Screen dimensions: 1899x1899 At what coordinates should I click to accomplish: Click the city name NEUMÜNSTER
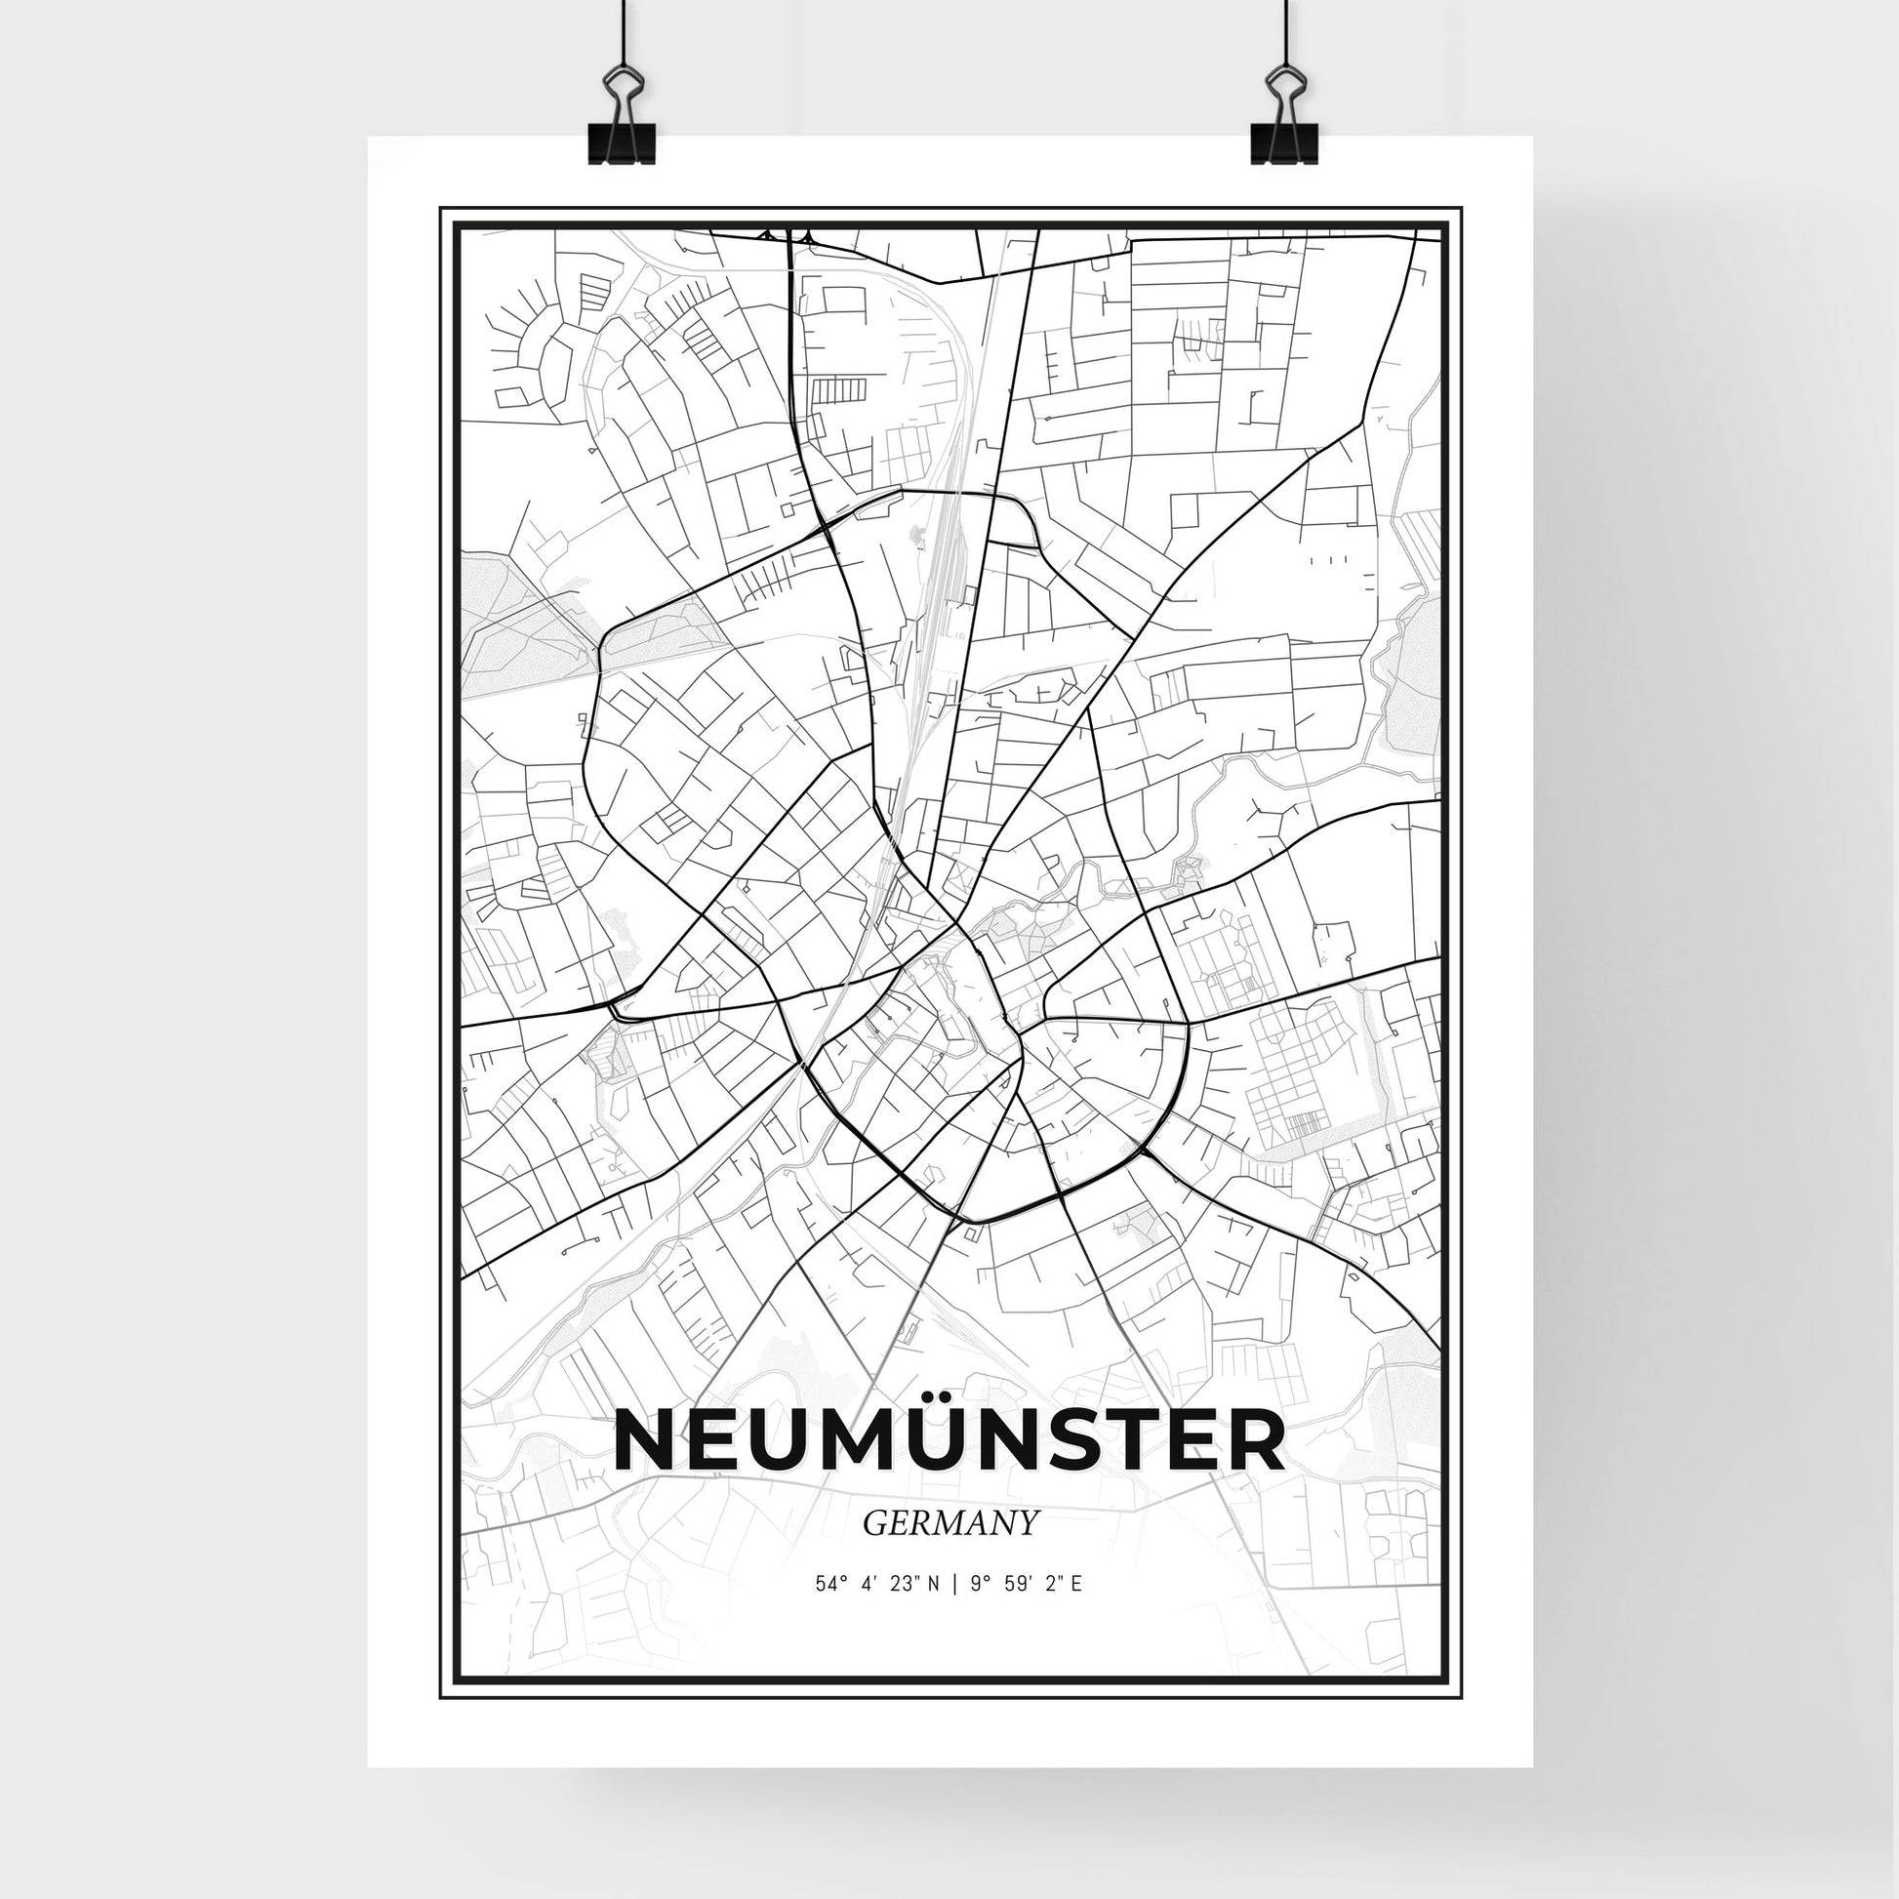949,1441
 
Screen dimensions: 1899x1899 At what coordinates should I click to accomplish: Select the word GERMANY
949,1522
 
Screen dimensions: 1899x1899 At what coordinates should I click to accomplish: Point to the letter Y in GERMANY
1029,1522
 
